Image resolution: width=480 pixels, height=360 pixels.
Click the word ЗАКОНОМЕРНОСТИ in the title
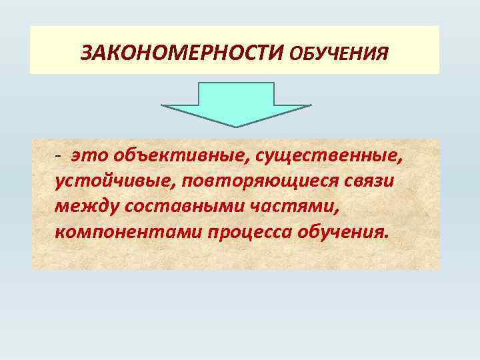tap(183, 51)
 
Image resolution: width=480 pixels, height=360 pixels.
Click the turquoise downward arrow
tap(237, 103)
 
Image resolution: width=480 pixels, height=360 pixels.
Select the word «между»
tap(83, 209)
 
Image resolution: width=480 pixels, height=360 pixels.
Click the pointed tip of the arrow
tap(237, 126)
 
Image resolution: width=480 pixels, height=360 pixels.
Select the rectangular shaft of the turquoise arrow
tap(237, 93)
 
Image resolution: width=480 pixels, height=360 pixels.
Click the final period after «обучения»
tap(384, 239)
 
